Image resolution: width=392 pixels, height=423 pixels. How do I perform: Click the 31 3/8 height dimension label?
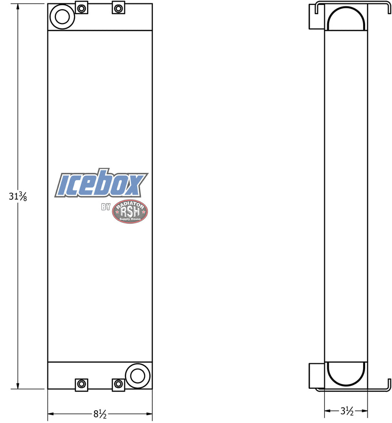point(18,197)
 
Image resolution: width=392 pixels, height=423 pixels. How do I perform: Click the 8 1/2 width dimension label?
point(99,415)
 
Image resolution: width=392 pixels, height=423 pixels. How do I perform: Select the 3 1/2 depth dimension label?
point(346,411)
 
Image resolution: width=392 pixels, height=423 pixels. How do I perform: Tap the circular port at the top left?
point(62,16)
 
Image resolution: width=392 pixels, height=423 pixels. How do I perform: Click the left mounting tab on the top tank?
point(81,8)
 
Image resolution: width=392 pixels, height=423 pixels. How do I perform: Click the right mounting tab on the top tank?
point(118,8)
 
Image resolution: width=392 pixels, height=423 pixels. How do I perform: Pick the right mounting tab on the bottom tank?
point(118,384)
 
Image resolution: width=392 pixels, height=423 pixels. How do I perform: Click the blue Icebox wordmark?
point(101,185)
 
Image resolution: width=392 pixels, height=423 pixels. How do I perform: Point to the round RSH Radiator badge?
point(130,211)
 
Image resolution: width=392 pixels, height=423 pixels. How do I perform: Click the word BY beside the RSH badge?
point(106,207)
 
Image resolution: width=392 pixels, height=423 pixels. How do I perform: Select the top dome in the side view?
point(346,19)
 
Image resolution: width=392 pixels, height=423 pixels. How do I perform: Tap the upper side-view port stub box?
point(317,17)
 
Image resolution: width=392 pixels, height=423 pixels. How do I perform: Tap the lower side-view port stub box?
point(317,375)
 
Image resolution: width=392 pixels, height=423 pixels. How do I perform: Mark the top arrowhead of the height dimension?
point(18,6)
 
